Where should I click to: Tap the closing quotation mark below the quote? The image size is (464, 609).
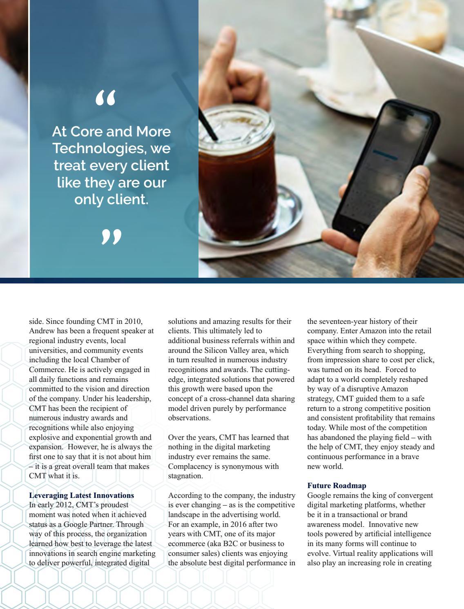(112, 237)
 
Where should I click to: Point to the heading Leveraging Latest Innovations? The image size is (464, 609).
(82, 495)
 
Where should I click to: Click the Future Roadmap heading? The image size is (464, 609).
(337, 486)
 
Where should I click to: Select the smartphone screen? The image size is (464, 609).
(384, 163)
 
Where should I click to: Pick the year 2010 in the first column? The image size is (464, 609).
(134, 321)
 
